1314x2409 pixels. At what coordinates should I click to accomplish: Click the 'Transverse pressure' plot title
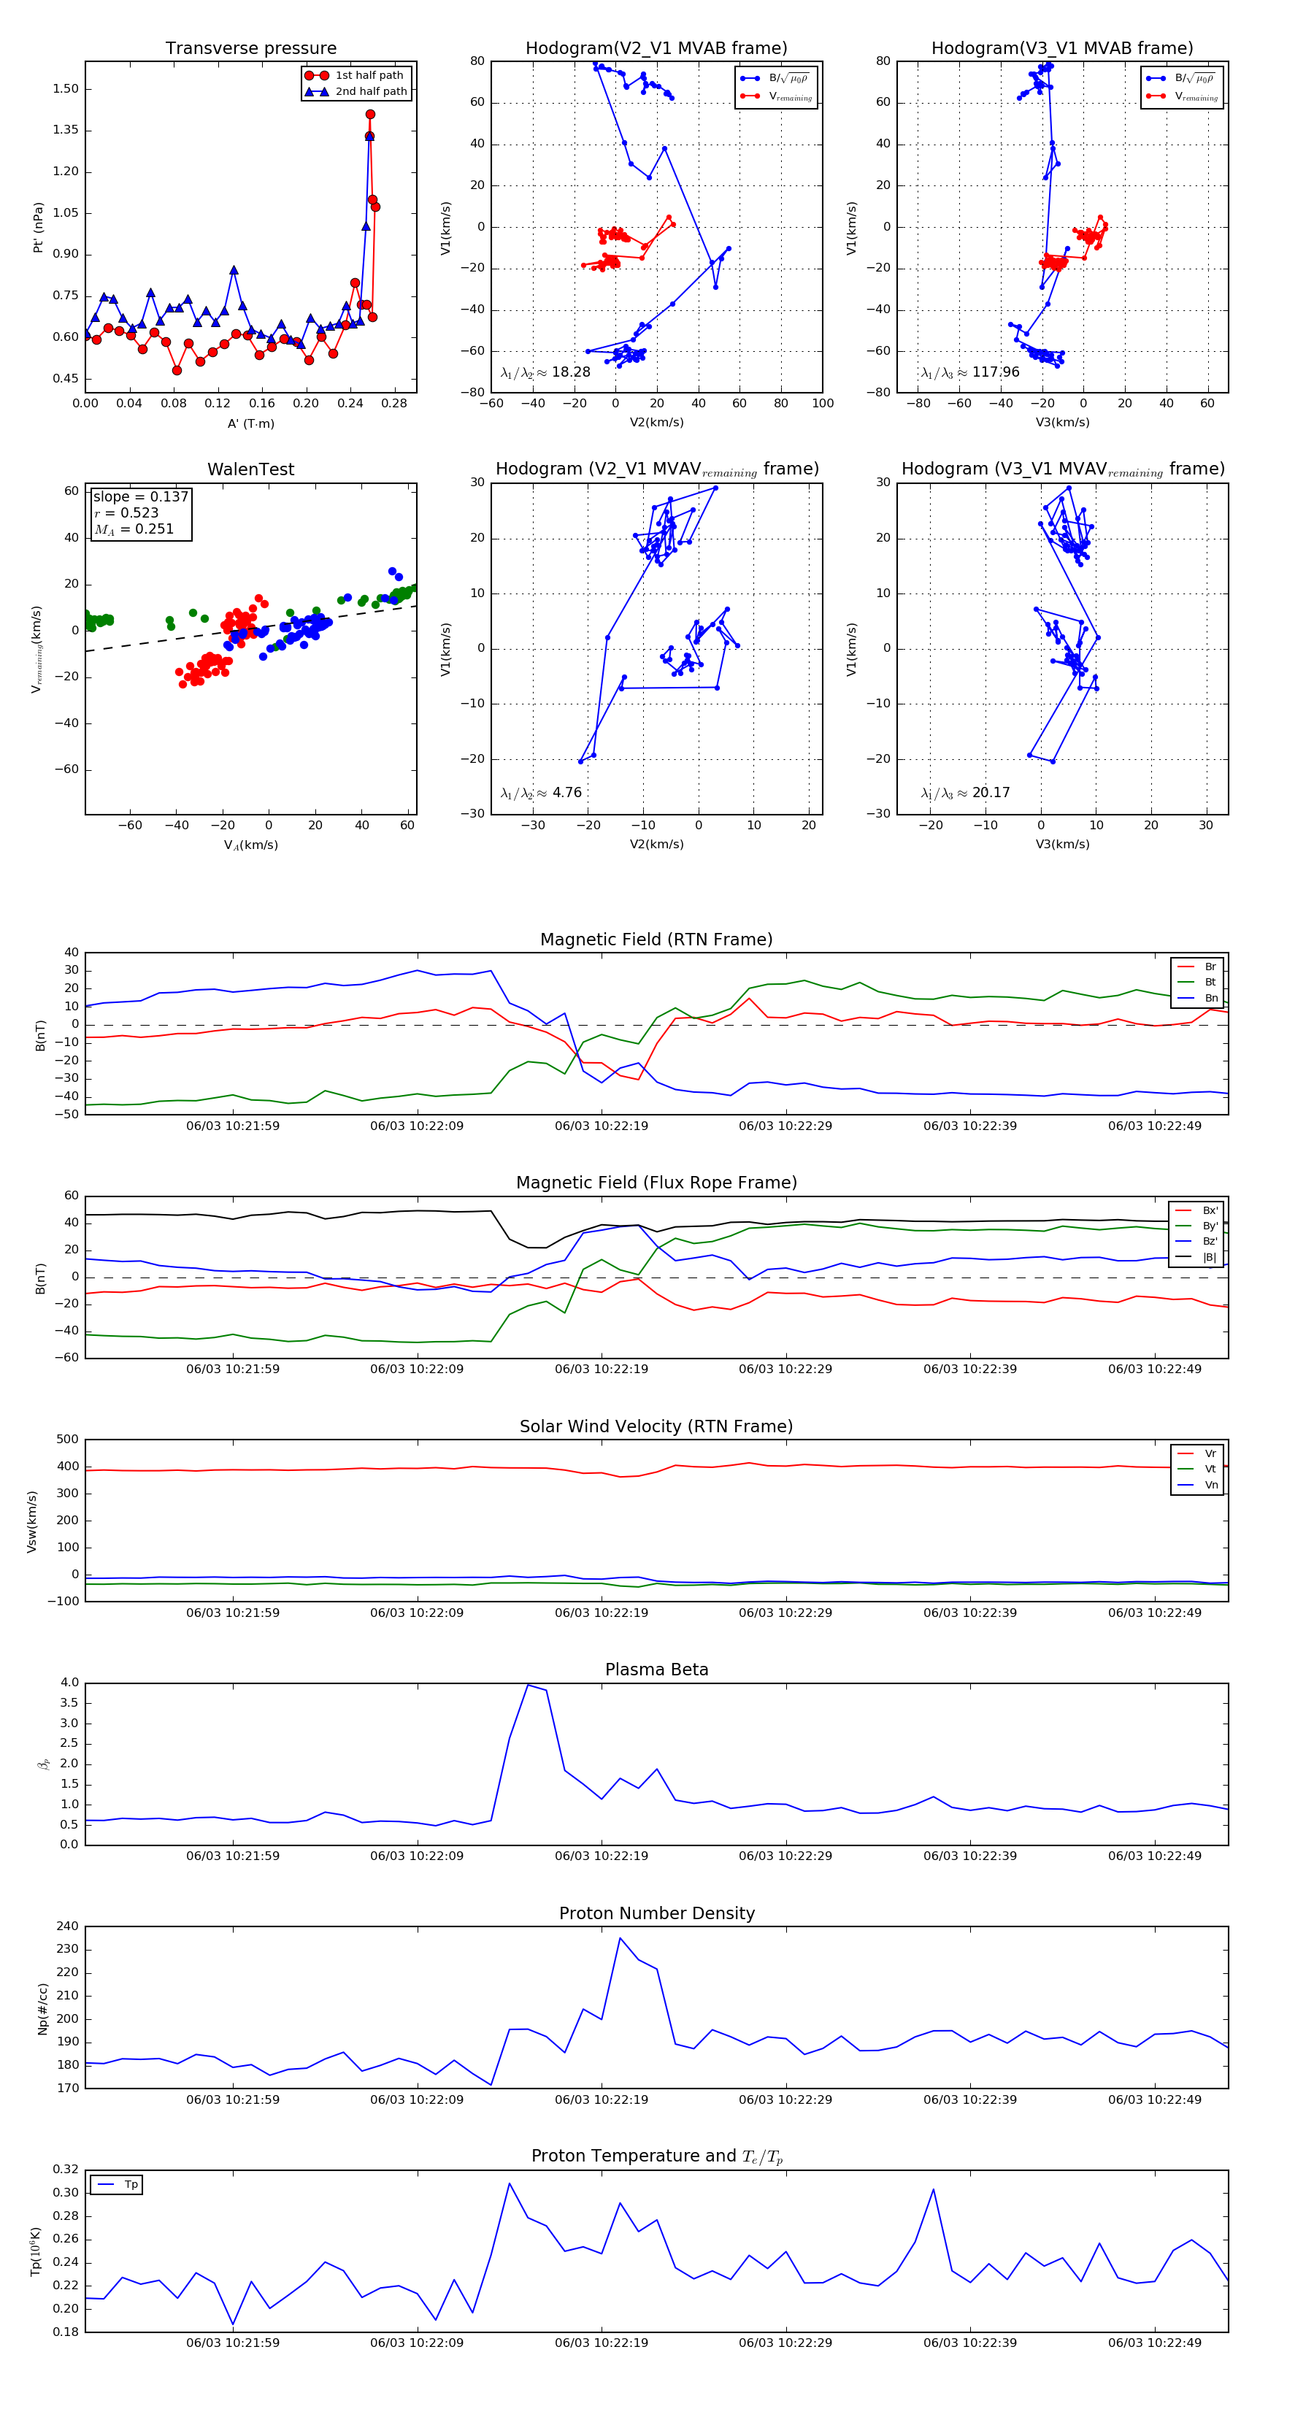250,49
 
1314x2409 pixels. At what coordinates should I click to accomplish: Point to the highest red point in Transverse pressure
370,114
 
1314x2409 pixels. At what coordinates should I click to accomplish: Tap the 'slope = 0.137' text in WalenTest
140,496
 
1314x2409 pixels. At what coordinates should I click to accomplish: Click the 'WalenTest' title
250,469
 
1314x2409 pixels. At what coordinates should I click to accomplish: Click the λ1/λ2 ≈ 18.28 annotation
545,372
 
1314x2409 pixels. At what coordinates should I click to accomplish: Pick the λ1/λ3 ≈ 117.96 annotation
970,372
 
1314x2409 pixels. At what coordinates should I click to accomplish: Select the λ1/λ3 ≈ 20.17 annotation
965,793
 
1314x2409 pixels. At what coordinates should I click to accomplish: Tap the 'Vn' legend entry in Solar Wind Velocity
1210,1485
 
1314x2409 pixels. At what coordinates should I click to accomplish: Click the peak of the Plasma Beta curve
529,1685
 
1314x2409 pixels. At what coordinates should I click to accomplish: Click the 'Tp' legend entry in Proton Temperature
131,2185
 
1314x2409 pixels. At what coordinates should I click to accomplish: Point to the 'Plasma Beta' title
656,1670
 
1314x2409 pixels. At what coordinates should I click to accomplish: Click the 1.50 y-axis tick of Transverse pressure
66,89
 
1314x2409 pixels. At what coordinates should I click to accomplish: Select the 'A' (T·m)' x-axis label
250,423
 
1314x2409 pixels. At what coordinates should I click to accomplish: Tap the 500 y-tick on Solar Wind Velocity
67,1440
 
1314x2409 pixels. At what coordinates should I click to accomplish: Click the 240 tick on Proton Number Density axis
67,1926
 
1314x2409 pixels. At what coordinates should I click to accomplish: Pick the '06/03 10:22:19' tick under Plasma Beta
602,1856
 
